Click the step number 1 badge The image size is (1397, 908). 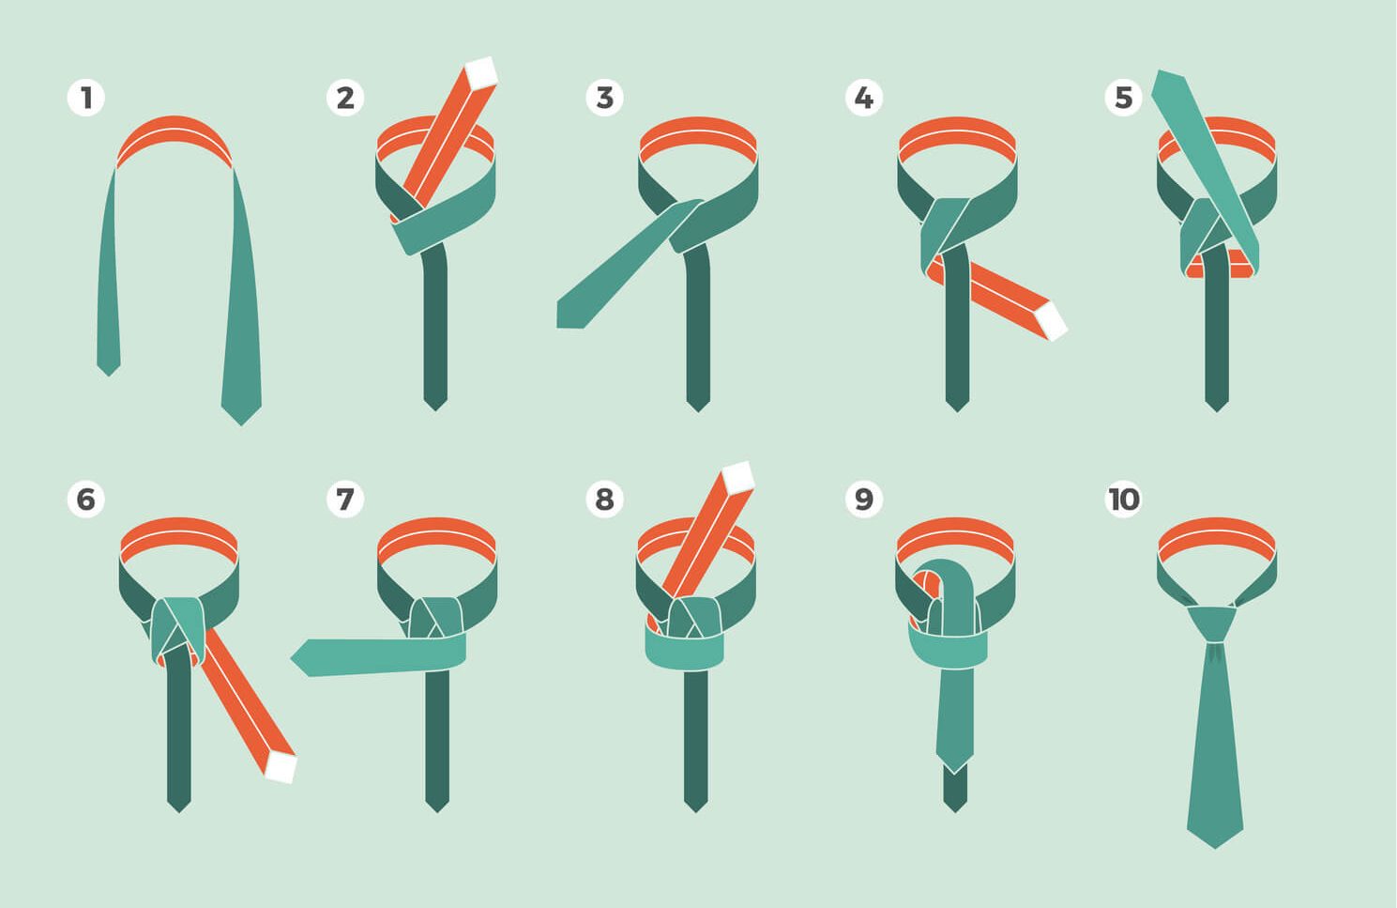(86, 98)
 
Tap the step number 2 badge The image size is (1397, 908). (345, 98)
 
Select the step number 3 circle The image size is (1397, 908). (604, 98)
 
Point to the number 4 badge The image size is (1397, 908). (864, 98)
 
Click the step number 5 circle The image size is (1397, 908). (1123, 98)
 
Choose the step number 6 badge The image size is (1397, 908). (86, 499)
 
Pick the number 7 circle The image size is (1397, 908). (345, 499)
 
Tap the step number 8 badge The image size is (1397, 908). (604, 499)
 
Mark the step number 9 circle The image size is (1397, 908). (864, 499)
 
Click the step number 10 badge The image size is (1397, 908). (1123, 499)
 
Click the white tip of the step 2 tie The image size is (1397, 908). (481, 72)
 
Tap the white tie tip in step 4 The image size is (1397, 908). (1052, 321)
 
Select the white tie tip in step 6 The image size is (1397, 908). (281, 767)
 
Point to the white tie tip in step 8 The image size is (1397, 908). (738, 478)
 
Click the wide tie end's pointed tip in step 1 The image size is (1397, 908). (241, 425)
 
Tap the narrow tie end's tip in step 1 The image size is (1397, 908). (109, 376)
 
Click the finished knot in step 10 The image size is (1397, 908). (1213, 623)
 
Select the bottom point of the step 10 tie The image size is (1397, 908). (1215, 849)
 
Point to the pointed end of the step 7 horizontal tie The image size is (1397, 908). (292, 657)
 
